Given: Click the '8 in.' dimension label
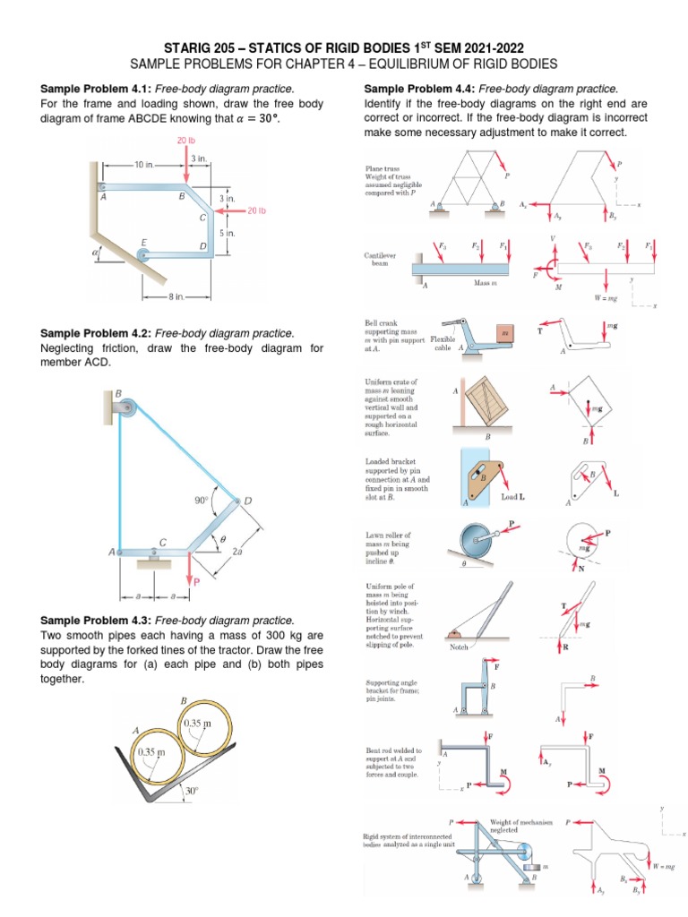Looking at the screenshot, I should click(176, 296).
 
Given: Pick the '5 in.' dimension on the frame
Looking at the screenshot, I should click(227, 233).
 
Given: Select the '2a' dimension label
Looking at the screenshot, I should click(237, 553).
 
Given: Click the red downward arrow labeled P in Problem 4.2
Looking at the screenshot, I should click(189, 569).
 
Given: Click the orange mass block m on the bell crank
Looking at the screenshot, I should click(504, 333).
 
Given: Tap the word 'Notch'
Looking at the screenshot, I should click(457, 646).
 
